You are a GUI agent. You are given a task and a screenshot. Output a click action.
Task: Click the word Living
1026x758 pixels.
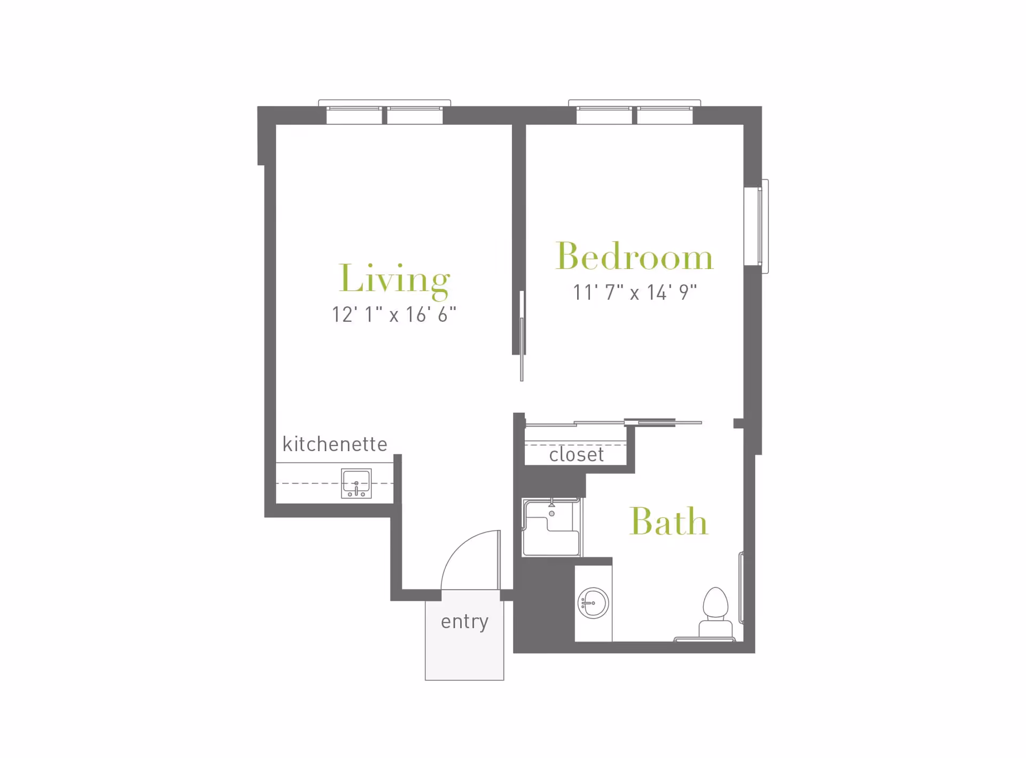click(394, 279)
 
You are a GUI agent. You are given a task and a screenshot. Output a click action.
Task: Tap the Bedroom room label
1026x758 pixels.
click(634, 256)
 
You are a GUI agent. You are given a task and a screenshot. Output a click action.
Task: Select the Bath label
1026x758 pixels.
click(669, 521)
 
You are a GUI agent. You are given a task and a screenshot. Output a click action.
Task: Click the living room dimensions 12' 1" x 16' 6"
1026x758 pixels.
click(394, 314)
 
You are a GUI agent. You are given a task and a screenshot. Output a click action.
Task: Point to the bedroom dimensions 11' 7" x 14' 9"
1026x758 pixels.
click(635, 292)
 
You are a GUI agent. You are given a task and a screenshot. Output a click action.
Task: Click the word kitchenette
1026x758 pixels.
click(335, 444)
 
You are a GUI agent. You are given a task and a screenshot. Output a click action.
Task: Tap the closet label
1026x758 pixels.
click(576, 454)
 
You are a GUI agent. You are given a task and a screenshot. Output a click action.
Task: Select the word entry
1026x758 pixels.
click(464, 622)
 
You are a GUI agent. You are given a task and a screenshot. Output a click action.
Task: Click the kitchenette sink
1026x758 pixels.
click(356, 484)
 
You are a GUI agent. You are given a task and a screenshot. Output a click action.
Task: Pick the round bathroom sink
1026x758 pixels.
click(593, 603)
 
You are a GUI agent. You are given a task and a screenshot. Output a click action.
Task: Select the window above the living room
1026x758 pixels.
click(385, 112)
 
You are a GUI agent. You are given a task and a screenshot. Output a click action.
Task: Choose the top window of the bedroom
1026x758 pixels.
click(634, 112)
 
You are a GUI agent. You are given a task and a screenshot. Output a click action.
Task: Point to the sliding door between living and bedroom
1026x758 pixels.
click(522, 336)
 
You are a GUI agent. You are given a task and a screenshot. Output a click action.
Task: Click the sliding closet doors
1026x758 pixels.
click(613, 423)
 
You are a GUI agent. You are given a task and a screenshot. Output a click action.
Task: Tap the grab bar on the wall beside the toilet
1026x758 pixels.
click(741, 588)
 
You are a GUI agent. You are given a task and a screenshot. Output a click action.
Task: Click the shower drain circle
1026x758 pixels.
click(552, 514)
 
